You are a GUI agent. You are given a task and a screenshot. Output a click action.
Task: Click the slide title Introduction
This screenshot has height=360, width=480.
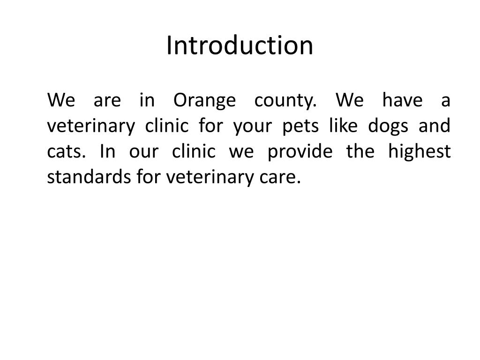tap(240, 45)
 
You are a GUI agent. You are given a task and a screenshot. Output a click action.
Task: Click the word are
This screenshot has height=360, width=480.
tap(107, 101)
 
